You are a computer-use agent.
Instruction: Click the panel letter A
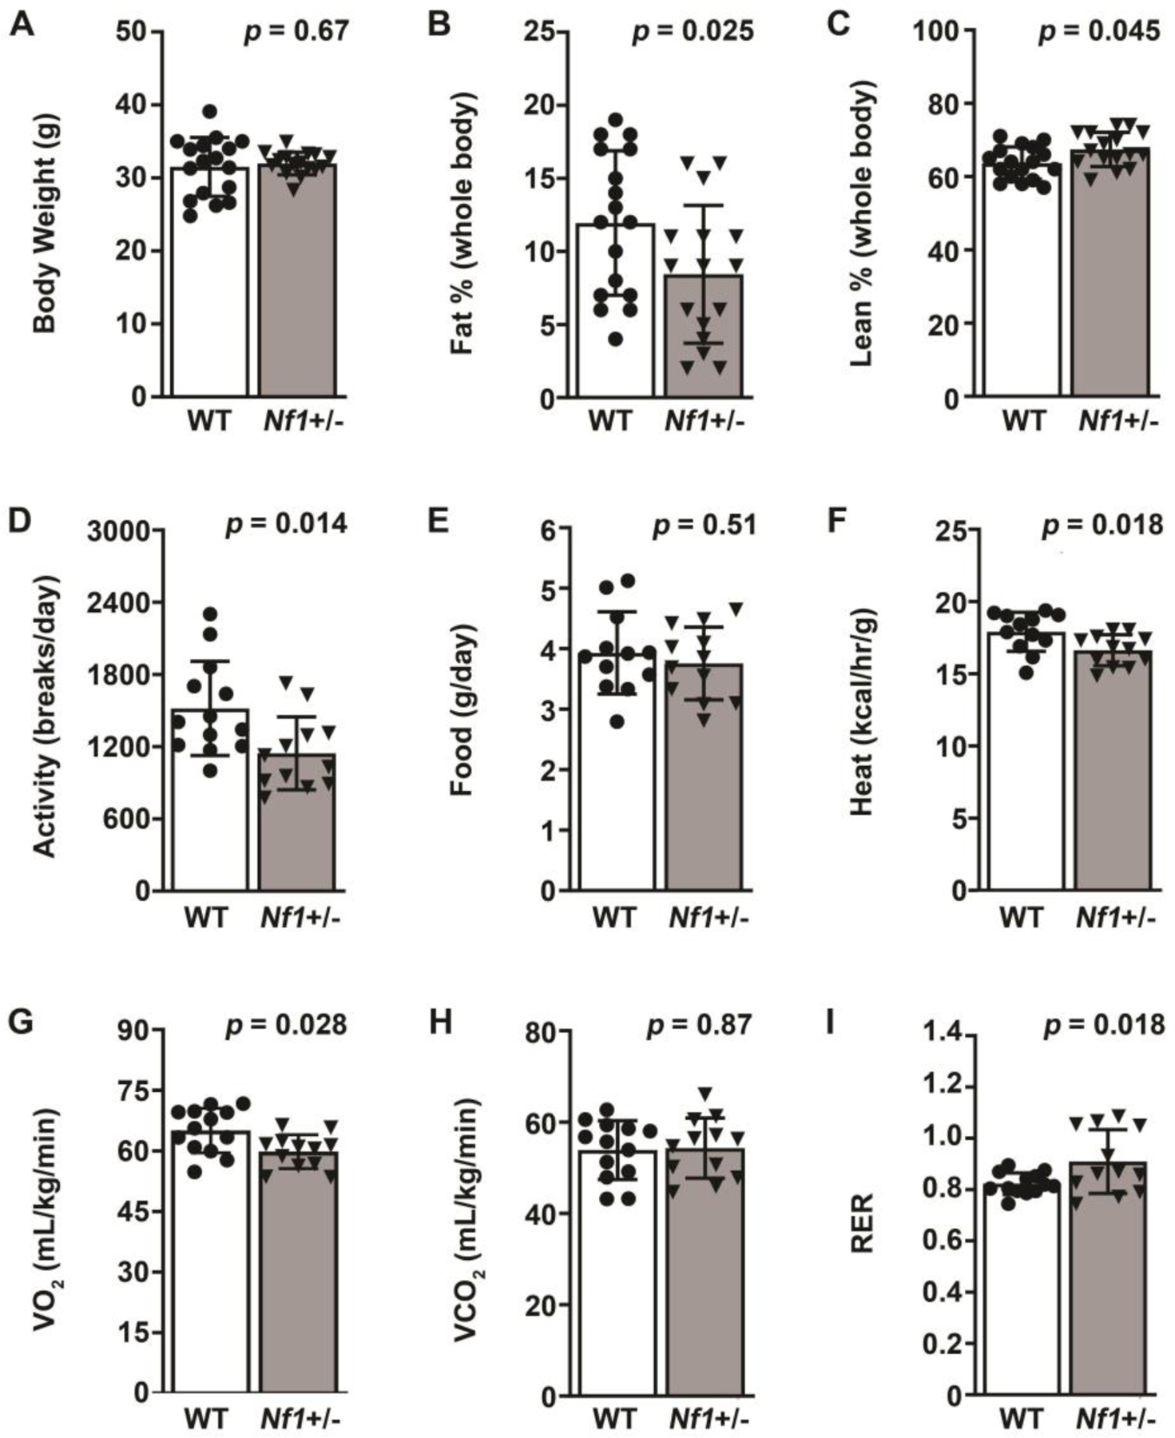(22, 26)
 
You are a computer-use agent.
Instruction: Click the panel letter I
(830, 1022)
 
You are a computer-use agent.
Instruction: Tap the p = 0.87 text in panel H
(698, 1025)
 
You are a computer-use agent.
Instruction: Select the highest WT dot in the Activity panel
(210, 614)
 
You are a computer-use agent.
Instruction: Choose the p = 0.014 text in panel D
(287, 524)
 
